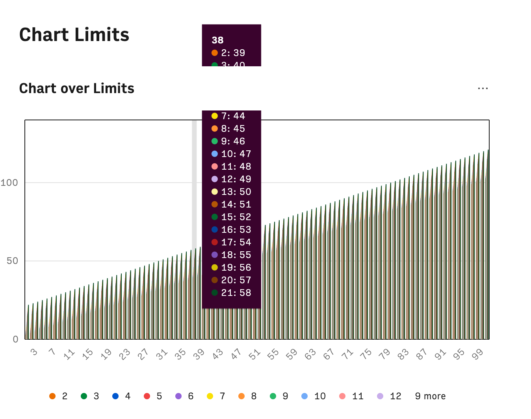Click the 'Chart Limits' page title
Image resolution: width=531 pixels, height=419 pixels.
74,35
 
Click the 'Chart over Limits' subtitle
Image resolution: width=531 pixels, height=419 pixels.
77,88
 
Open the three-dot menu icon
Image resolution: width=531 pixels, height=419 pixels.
483,88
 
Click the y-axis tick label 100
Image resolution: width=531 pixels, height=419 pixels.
9,183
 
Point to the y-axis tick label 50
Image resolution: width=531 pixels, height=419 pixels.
12,261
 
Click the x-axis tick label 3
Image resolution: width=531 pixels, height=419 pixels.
34,352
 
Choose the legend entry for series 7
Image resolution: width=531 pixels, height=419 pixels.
217,396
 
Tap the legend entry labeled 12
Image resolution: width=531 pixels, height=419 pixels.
390,396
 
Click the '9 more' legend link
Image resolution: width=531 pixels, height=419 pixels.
430,396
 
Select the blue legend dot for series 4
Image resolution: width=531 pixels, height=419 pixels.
115,396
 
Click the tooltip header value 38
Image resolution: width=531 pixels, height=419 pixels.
217,40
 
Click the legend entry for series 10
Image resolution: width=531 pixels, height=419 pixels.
314,396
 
